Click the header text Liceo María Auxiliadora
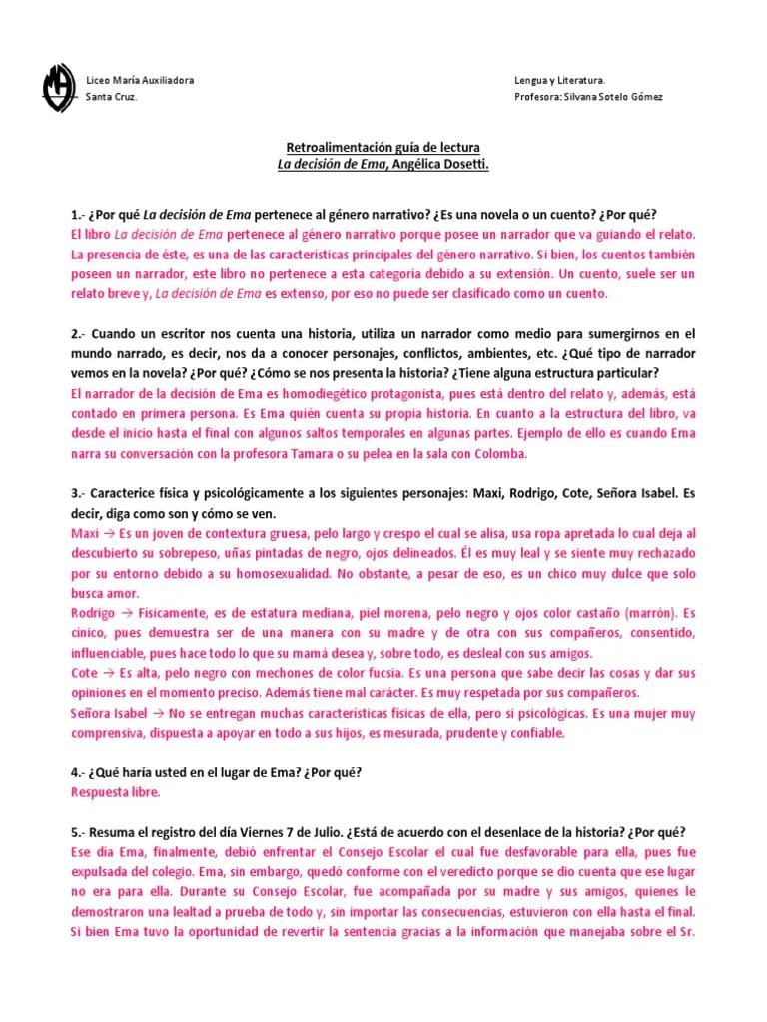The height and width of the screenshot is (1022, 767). pos(141,79)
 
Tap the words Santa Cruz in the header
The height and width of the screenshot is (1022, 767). pos(112,97)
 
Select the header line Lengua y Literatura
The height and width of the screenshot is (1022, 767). pos(558,79)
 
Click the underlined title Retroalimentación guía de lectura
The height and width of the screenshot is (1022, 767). pos(383,147)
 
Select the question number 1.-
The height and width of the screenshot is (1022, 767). pos(80,215)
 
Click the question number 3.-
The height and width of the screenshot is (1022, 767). pos(80,494)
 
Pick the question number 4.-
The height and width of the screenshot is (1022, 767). pos(80,773)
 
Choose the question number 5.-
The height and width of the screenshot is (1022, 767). pos(80,833)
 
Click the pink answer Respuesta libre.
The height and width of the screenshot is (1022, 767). pos(115,792)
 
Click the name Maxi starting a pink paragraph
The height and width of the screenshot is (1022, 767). pos(86,534)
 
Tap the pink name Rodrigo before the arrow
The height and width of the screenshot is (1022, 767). pos(94,612)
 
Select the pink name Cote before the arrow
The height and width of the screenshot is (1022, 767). pos(85,674)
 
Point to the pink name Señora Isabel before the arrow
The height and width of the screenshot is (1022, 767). pos(108,714)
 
